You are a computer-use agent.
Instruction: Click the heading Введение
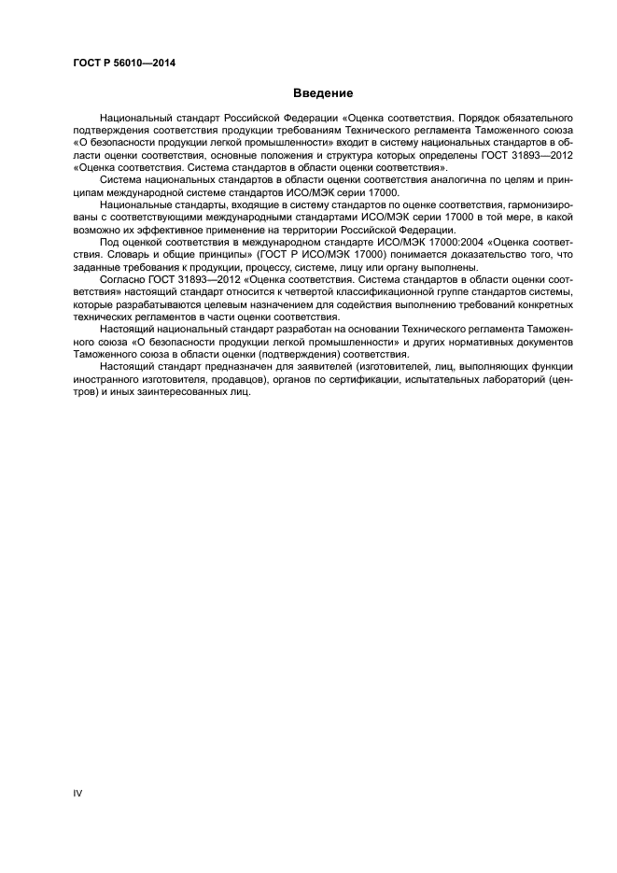[x=323, y=93]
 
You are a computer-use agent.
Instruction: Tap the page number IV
[x=77, y=794]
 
